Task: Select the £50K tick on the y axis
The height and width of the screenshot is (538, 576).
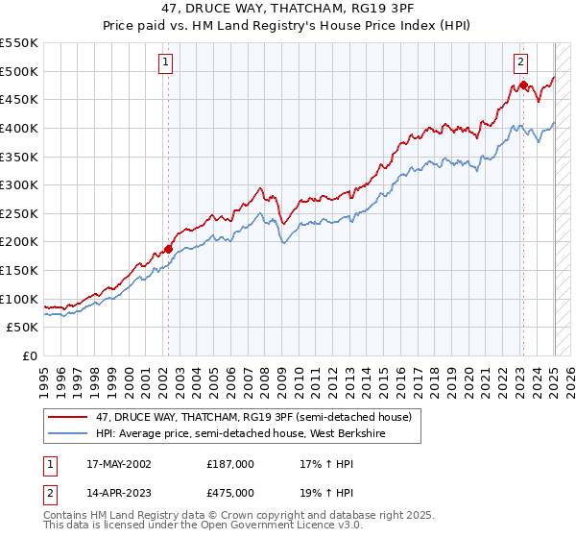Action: (x=23, y=328)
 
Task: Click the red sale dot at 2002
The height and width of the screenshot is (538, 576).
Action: (x=169, y=249)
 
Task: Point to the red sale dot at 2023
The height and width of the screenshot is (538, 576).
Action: (x=524, y=86)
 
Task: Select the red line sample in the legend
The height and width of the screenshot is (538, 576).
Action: (x=69, y=417)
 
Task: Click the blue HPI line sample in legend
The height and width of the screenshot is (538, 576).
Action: (x=69, y=433)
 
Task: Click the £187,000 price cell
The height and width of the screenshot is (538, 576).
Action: (x=230, y=463)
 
